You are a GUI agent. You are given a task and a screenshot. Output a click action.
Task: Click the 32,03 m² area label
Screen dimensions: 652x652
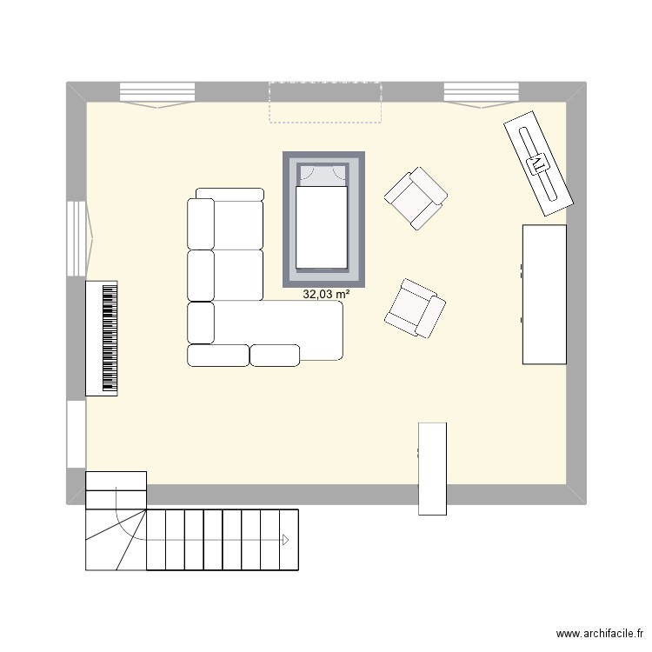click(326, 295)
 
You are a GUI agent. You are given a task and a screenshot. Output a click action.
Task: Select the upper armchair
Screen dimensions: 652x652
click(417, 199)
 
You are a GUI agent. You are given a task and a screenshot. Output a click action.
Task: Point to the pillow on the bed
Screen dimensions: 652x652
click(321, 176)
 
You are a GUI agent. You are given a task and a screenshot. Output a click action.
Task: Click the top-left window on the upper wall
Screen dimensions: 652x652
click(156, 92)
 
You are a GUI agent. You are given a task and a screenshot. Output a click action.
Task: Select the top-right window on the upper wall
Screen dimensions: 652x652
click(482, 92)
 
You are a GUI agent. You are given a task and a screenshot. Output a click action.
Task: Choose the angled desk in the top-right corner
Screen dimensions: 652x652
click(538, 162)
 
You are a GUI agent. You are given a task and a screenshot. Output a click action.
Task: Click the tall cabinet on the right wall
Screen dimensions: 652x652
click(544, 294)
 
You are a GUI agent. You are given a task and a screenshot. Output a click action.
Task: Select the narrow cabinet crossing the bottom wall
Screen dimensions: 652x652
click(432, 468)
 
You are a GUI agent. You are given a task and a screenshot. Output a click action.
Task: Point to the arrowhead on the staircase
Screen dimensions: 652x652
click(283, 539)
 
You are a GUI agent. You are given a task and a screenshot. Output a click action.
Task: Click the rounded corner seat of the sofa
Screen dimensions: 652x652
click(201, 323)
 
